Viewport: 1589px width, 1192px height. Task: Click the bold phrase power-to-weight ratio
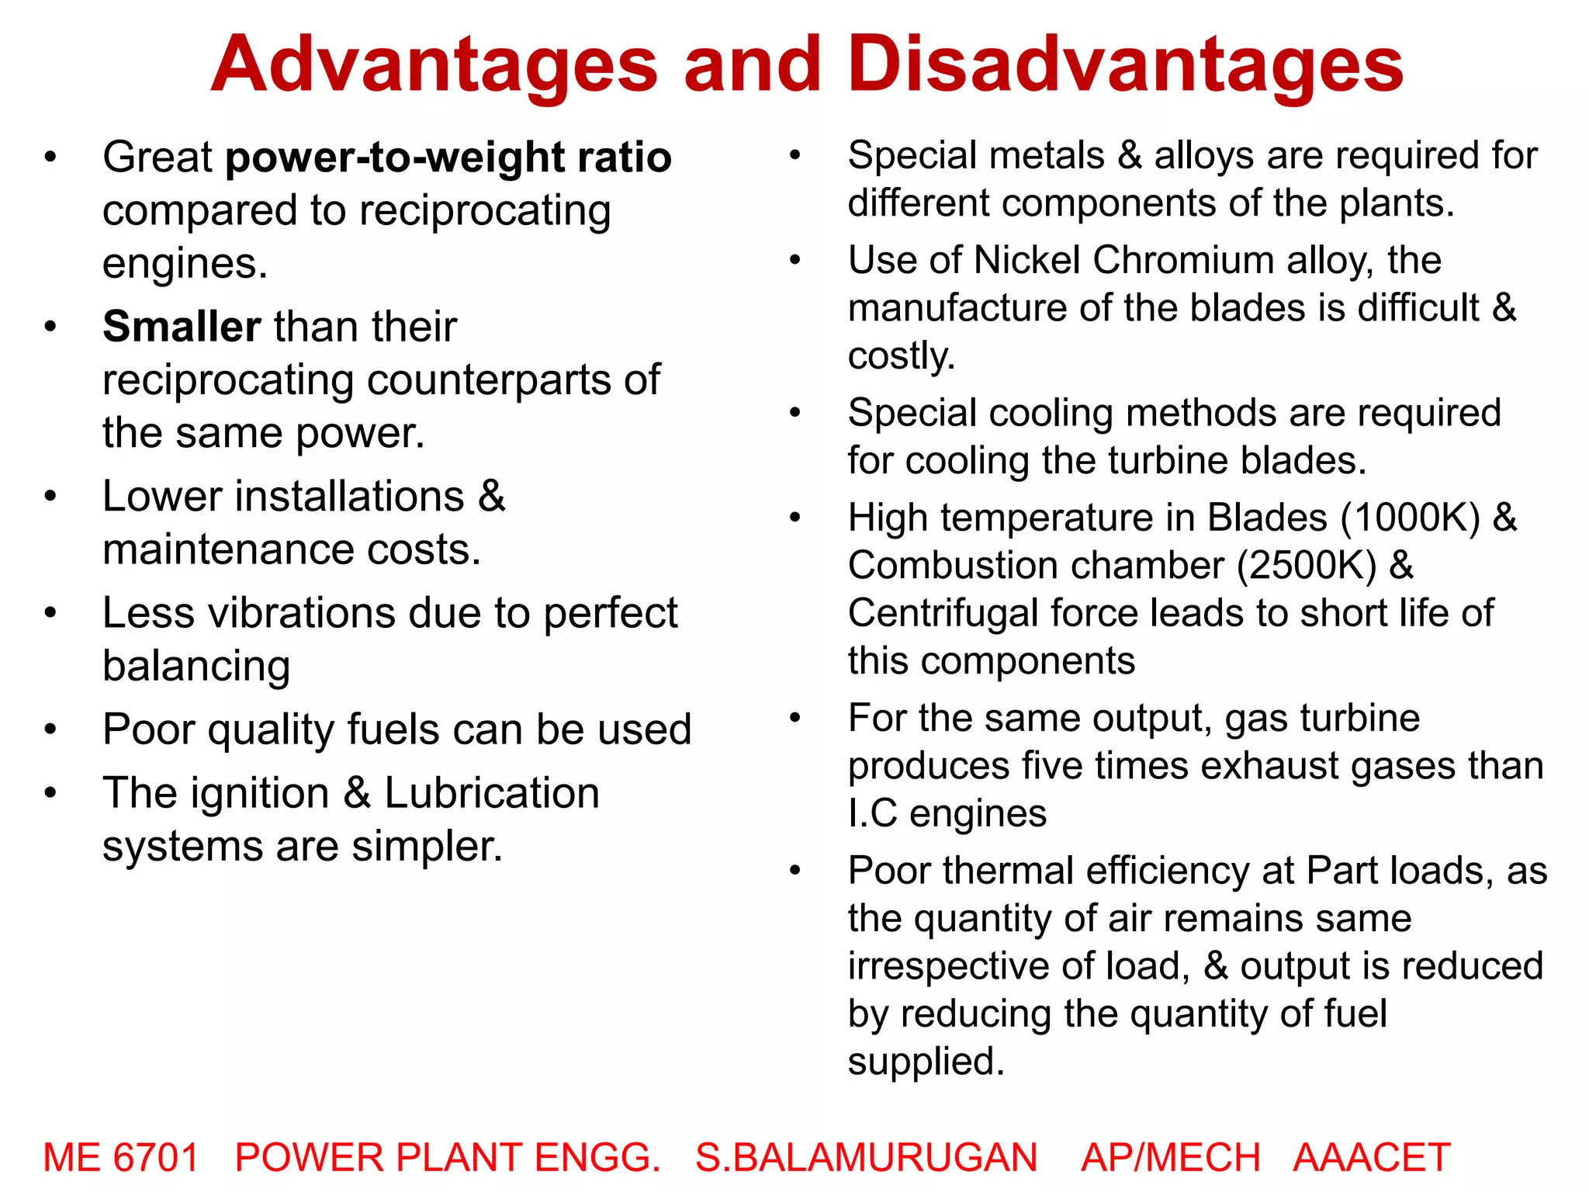tap(448, 158)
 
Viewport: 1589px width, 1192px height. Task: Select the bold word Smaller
tap(182, 327)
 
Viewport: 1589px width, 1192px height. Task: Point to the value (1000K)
tap(1411, 518)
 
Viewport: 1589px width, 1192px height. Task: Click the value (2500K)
tap(1307, 566)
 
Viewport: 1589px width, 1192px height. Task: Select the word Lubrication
tap(492, 793)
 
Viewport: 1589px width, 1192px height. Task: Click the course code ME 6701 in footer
tap(121, 1157)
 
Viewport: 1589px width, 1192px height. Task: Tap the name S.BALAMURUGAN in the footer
tap(866, 1157)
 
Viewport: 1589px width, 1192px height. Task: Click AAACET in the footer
tap(1371, 1157)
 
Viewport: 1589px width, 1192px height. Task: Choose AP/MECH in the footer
tap(1170, 1157)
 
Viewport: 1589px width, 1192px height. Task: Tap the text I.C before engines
tap(872, 814)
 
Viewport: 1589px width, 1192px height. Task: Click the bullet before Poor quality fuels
tap(50, 730)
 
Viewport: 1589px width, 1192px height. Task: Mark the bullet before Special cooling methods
tap(794, 413)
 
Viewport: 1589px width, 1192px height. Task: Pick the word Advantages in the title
tap(434, 64)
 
